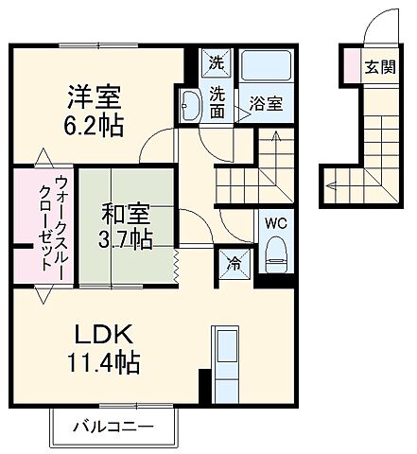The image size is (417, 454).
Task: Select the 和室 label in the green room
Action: (125, 210)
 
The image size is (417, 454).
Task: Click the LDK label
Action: (106, 334)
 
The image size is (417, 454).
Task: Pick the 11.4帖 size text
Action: (106, 361)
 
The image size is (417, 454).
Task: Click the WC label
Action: (275, 224)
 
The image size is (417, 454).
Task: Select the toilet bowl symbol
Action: (276, 250)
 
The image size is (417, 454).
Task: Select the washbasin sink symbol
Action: (187, 106)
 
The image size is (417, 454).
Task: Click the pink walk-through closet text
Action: (35, 224)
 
